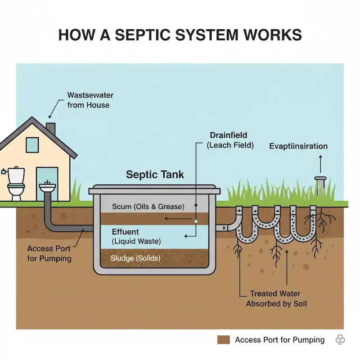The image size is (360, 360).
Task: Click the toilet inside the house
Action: pos(16,183)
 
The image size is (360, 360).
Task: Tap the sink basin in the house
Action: pos(47,187)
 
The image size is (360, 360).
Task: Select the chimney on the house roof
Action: pos(51,129)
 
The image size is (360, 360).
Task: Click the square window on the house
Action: pos(32,145)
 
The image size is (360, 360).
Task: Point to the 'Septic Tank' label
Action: pos(155,175)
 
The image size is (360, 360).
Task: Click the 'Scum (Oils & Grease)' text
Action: pos(148,207)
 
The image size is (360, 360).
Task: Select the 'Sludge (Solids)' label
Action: pos(135,258)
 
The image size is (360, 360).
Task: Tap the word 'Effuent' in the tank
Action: pos(126,232)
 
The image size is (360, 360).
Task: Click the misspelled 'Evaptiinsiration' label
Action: pos(298,146)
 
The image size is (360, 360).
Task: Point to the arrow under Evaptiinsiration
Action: pos(320,164)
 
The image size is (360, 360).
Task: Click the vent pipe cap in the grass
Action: pos(320,178)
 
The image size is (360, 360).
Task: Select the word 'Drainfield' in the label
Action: pos(229,135)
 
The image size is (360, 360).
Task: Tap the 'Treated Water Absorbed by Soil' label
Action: pos(276,298)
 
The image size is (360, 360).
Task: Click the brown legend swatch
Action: pos(223,340)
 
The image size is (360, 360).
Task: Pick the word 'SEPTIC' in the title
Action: pos(142,35)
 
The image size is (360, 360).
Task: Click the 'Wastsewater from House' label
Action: pos(90,100)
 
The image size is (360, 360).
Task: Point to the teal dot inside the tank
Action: pos(196,221)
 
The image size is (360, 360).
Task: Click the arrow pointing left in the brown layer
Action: pos(178,219)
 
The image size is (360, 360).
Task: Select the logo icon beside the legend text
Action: pos(340,340)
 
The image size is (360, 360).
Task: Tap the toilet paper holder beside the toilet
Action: pos(4,171)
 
